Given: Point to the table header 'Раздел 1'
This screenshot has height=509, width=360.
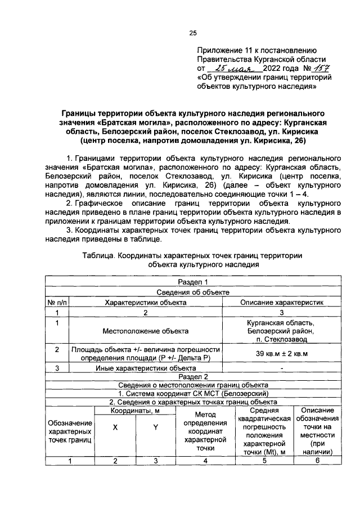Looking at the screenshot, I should [x=193, y=282].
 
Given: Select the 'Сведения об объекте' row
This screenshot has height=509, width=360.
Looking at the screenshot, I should [x=193, y=292].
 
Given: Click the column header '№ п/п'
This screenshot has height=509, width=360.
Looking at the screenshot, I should [x=56, y=302].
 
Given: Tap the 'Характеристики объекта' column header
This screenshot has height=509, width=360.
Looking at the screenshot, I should [x=146, y=302].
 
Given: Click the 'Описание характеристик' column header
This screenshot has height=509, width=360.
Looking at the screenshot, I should [x=282, y=302].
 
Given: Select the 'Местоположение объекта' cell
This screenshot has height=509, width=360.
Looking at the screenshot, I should [x=146, y=332].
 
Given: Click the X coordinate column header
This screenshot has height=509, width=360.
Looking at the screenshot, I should [x=115, y=427].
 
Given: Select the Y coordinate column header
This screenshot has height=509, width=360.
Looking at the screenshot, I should [x=155, y=427].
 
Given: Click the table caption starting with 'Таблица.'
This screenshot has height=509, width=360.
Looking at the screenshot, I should [x=192, y=260].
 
